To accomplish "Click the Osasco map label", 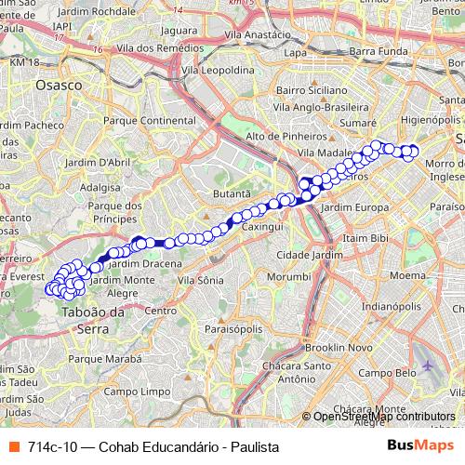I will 58,85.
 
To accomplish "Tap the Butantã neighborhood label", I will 232,192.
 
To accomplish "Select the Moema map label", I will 407,275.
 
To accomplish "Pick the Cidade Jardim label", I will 305,255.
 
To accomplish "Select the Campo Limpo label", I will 128,392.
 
